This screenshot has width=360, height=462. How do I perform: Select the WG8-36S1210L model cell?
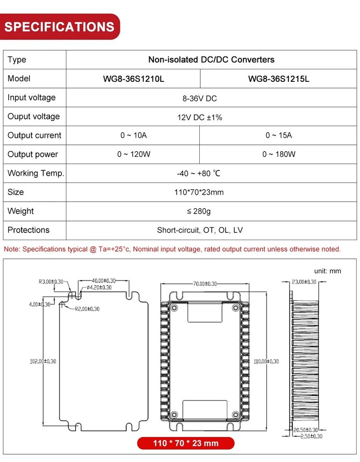point(133,79)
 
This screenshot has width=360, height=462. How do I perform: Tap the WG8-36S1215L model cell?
point(279,79)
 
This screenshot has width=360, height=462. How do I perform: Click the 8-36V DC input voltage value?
point(200,98)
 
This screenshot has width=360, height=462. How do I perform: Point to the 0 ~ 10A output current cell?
point(133,136)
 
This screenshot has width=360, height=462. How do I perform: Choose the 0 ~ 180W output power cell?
point(279,154)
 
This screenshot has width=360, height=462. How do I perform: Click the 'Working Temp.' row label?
point(36,173)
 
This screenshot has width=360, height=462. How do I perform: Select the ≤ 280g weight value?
point(200,211)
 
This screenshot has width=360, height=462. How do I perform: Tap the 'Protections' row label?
point(28,230)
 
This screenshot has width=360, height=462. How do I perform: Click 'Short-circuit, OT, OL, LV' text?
point(200,230)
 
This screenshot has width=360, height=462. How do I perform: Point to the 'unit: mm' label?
point(327,271)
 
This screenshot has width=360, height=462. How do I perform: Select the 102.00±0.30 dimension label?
point(40,361)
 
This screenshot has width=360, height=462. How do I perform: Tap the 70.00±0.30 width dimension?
point(205,284)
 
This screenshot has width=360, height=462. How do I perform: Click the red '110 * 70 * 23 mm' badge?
point(185,443)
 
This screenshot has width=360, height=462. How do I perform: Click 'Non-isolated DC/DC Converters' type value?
point(211,60)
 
